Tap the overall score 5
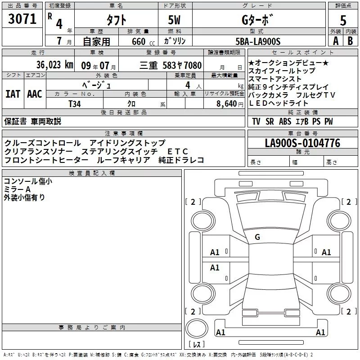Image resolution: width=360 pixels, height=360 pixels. [x=343, y=21]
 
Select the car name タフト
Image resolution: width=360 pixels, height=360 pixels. [x=116, y=20]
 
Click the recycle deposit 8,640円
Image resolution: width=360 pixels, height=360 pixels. [x=229, y=103]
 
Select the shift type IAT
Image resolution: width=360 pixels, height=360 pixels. [x=13, y=94]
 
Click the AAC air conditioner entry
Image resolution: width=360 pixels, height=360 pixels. [x=34, y=94]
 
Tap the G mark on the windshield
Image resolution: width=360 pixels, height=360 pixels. [x=257, y=237]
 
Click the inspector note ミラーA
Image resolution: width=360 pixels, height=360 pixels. [x=18, y=189]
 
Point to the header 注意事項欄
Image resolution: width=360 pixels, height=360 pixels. [x=123, y=134]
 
